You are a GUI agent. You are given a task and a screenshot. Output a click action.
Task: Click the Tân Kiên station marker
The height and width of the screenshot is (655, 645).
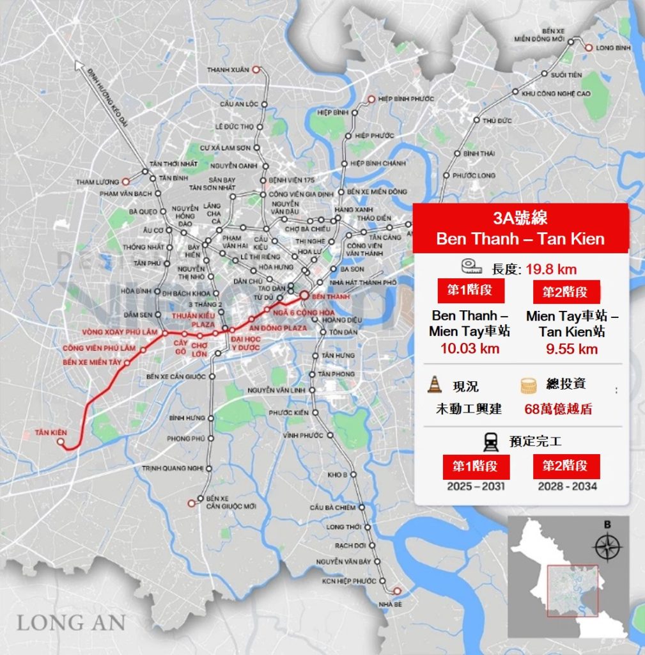(61, 442)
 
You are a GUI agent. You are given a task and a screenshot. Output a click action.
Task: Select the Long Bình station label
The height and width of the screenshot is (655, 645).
(613, 47)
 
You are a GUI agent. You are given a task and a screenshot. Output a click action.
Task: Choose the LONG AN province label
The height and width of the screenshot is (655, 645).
(70, 622)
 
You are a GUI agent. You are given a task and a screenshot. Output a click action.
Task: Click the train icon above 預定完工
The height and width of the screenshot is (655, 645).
(491, 441)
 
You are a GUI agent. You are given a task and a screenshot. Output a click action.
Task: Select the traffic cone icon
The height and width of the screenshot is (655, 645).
(435, 384)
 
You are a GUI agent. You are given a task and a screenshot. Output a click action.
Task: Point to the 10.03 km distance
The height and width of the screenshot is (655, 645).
(469, 349)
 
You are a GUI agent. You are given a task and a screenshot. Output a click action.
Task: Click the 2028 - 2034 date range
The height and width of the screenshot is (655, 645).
(567, 486)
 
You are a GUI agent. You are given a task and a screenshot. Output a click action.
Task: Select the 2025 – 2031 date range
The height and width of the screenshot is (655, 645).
(476, 486)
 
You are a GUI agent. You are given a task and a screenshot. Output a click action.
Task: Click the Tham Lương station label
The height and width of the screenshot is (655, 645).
(98, 182)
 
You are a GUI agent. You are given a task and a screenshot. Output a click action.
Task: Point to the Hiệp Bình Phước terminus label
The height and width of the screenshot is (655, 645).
(406, 99)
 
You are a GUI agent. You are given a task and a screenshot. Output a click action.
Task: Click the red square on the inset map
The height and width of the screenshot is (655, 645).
(571, 590)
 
